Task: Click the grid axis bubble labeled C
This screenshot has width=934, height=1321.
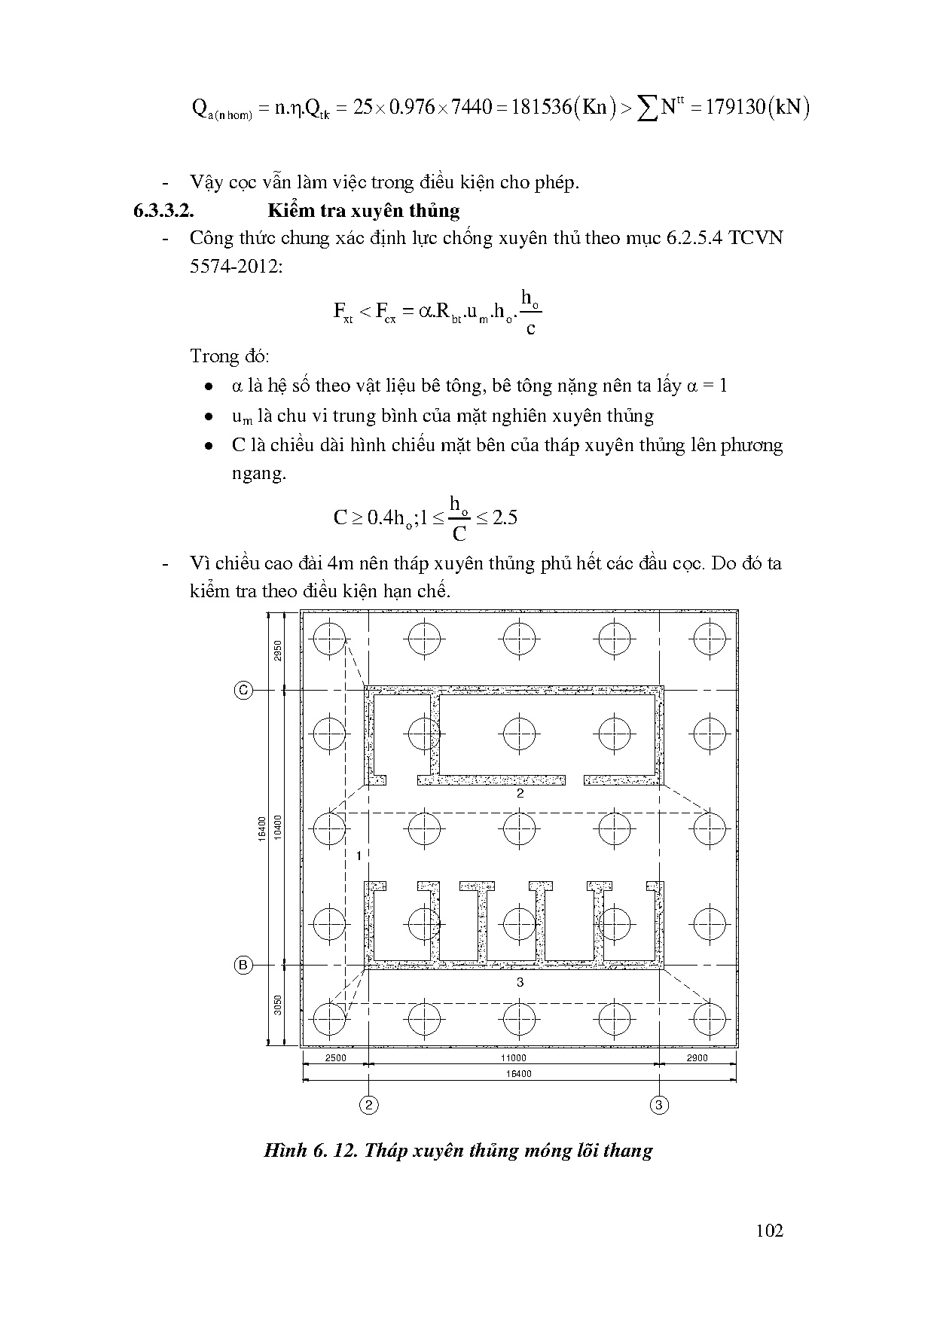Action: click(x=243, y=690)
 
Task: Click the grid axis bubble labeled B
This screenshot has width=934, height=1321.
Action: click(x=243, y=966)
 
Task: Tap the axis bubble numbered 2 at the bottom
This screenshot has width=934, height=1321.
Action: click(x=368, y=1105)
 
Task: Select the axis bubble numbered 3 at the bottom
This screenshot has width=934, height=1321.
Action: click(x=659, y=1105)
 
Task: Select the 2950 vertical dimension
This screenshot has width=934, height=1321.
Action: click(x=277, y=650)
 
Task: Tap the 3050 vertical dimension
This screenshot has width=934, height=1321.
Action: click(x=277, y=1005)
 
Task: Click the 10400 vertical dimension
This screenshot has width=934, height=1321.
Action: click(x=277, y=827)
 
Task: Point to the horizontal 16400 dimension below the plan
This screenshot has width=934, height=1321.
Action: click(x=519, y=1074)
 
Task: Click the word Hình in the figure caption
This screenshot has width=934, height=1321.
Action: click(x=283, y=1151)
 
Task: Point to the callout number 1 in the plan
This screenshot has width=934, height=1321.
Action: click(x=359, y=856)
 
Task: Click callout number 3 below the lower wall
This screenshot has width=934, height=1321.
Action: click(x=520, y=982)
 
